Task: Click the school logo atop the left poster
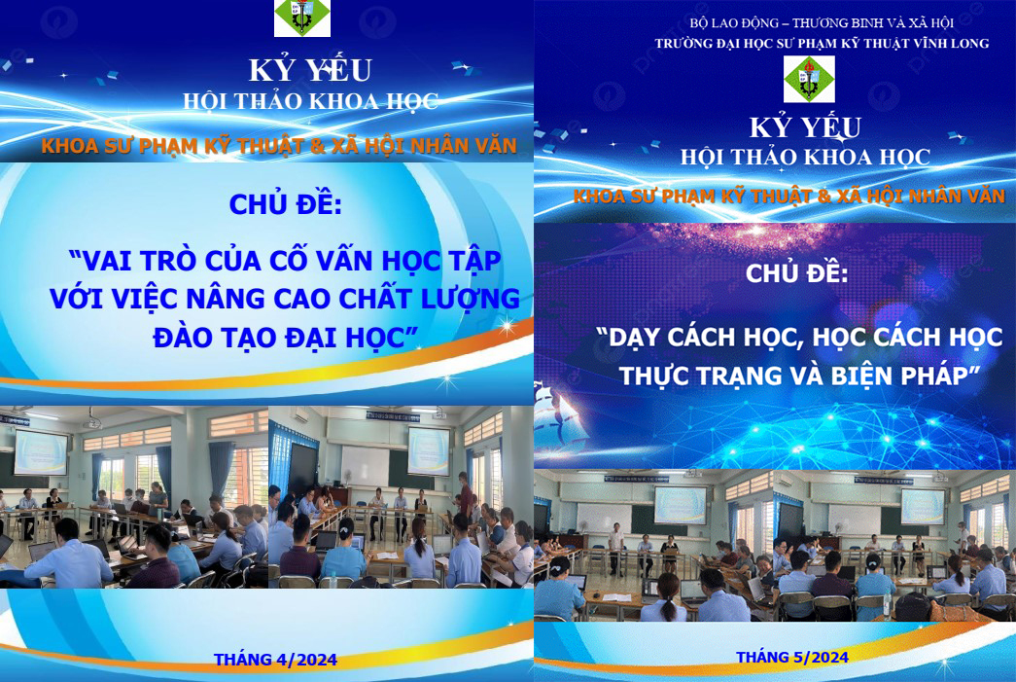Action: (x=302, y=18)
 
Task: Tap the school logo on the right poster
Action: (x=809, y=79)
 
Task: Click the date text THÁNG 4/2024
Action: (x=275, y=660)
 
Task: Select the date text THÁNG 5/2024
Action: (x=791, y=658)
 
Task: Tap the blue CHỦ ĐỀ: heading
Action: (x=285, y=204)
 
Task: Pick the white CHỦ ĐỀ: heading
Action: (x=796, y=273)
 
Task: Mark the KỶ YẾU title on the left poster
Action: (x=310, y=70)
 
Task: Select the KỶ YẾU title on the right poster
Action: (x=805, y=127)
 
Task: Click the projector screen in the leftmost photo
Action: (x=41, y=451)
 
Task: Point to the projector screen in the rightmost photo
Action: (x=923, y=506)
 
